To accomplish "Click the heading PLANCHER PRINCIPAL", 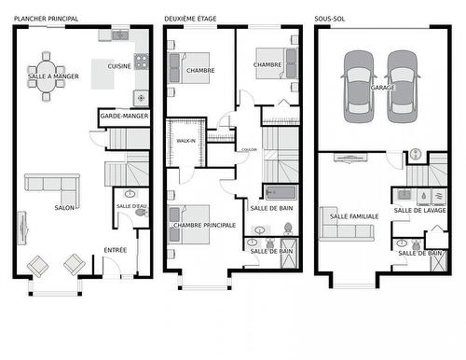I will pyautogui.click(x=46, y=19).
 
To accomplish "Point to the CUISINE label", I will pyautogui.click(x=118, y=66).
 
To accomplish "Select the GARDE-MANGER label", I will pyautogui.click(x=124, y=118).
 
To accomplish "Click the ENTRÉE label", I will pyautogui.click(x=116, y=249).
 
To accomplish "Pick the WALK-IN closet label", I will pyautogui.click(x=185, y=141).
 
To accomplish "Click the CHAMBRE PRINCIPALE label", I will pyautogui.click(x=204, y=225).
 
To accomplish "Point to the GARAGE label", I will pyautogui.click(x=382, y=88).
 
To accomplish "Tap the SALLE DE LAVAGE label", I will pyautogui.click(x=419, y=211).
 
